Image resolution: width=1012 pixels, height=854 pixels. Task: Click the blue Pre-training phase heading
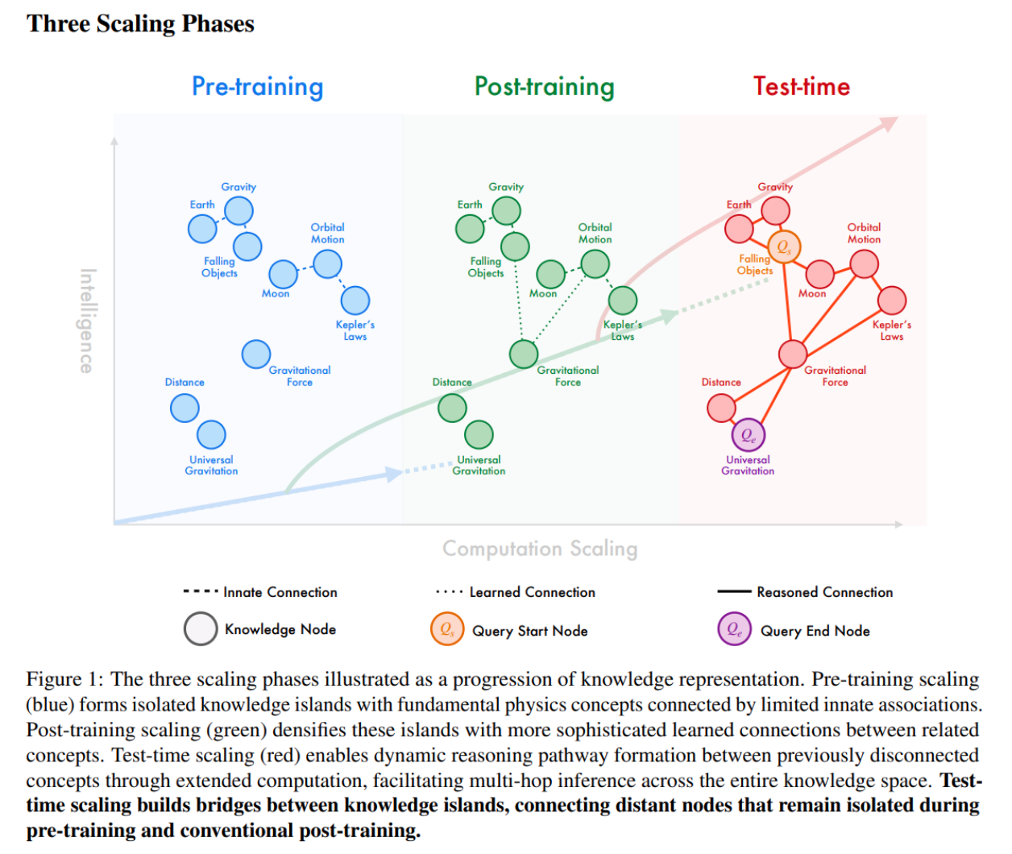(257, 87)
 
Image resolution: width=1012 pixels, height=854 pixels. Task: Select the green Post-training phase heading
(545, 87)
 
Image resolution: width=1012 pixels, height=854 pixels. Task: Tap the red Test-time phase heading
(802, 86)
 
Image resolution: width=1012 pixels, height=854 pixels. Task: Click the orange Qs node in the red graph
(784, 247)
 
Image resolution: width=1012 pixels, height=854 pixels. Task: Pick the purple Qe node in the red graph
(749, 435)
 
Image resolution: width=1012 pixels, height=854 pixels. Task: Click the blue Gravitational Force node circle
(256, 354)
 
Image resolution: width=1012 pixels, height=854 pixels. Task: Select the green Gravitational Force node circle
(524, 354)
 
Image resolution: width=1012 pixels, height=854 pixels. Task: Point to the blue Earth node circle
(202, 229)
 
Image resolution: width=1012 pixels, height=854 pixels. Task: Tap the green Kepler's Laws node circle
(623, 301)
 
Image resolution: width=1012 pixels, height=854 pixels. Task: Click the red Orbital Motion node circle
(865, 264)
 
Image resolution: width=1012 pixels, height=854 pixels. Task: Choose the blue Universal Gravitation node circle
(211, 435)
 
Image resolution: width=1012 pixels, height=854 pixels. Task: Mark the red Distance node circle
(721, 408)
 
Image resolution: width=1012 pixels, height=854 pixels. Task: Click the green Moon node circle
(550, 274)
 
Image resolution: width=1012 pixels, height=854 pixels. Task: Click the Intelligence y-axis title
(87, 321)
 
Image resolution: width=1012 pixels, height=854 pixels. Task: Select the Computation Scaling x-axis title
(540, 549)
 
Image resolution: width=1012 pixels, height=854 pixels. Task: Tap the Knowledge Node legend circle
(200, 629)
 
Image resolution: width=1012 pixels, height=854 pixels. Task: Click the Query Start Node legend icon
(447, 629)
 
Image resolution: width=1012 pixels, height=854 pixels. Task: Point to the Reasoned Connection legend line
(734, 591)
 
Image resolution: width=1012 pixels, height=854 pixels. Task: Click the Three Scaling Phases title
(140, 23)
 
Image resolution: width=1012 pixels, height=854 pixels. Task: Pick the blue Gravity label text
(238, 187)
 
